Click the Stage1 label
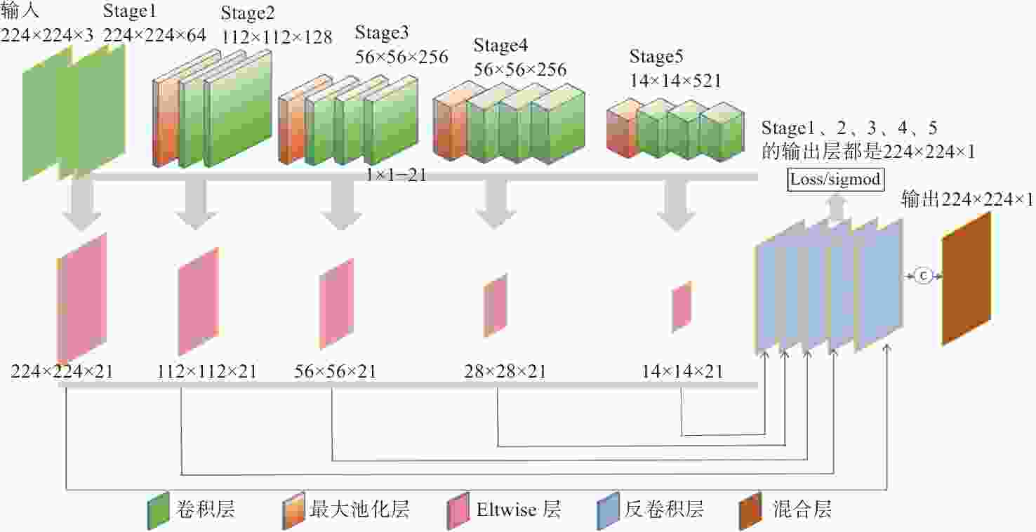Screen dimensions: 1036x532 click(x=129, y=11)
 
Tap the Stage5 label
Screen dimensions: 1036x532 click(x=656, y=56)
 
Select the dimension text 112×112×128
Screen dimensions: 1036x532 click(x=277, y=37)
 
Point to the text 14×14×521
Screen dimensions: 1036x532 click(x=675, y=81)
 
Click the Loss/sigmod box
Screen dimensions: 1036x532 click(x=836, y=180)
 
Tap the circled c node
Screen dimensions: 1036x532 click(x=924, y=276)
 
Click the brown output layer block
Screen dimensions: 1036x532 click(x=967, y=279)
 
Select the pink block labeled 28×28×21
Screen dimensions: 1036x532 click(x=496, y=305)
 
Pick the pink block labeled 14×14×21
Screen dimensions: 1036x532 click(x=682, y=306)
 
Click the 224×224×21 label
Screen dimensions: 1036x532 click(x=62, y=371)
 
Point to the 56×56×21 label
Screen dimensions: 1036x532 click(x=336, y=371)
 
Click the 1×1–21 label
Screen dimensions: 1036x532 click(x=396, y=175)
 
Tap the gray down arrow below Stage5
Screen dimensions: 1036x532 click(x=677, y=204)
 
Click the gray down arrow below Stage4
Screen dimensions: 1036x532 click(x=496, y=203)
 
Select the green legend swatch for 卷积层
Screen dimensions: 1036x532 click(x=158, y=511)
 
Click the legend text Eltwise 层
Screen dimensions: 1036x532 click(x=519, y=510)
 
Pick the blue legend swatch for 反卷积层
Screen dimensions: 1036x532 click(x=608, y=511)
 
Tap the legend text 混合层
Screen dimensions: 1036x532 click(x=802, y=510)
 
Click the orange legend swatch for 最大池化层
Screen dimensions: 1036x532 click(x=293, y=511)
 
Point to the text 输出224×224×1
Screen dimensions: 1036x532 click(x=967, y=199)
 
